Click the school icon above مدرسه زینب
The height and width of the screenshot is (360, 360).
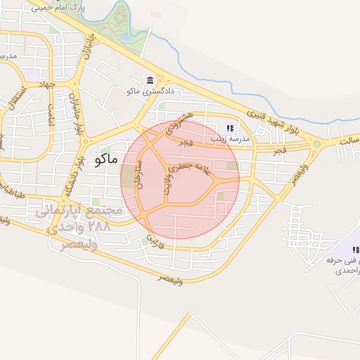tap(229, 128)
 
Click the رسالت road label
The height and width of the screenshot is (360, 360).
tap(345, 141)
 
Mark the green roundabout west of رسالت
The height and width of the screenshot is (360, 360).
tap(316, 145)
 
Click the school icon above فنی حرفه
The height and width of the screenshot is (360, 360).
tap(355, 250)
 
